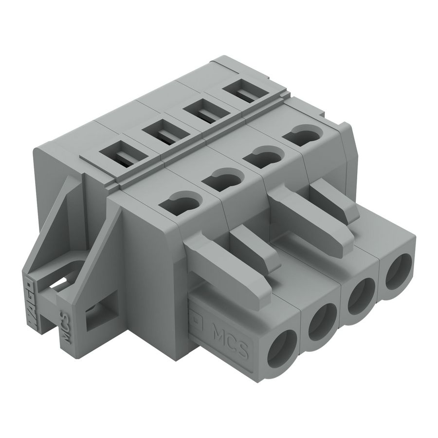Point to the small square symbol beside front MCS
click(197, 319)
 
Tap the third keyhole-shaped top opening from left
click(263, 157)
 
